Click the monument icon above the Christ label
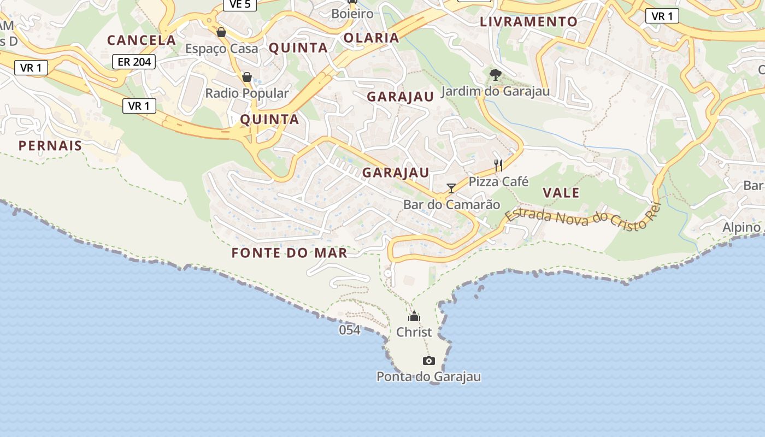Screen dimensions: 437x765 414,316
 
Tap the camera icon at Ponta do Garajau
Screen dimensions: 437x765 429,361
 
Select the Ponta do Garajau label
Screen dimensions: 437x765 429,376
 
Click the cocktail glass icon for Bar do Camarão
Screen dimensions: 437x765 451,188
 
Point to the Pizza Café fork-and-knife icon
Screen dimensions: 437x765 498,165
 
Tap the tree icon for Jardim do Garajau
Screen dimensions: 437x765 496,74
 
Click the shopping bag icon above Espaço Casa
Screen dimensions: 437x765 221,32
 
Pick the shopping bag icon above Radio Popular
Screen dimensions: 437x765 247,77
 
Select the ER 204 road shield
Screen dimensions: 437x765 134,62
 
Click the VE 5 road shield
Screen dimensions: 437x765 240,4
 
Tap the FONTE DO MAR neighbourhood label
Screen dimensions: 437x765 289,253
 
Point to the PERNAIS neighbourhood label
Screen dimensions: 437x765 50,146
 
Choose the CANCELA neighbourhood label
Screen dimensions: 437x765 142,40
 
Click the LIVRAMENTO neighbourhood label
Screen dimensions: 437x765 528,22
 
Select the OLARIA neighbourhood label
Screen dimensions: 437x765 372,38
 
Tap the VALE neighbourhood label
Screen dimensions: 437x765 561,193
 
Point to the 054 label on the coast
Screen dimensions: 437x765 350,330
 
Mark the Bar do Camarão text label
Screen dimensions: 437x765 452,205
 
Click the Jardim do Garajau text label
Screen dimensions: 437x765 496,91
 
